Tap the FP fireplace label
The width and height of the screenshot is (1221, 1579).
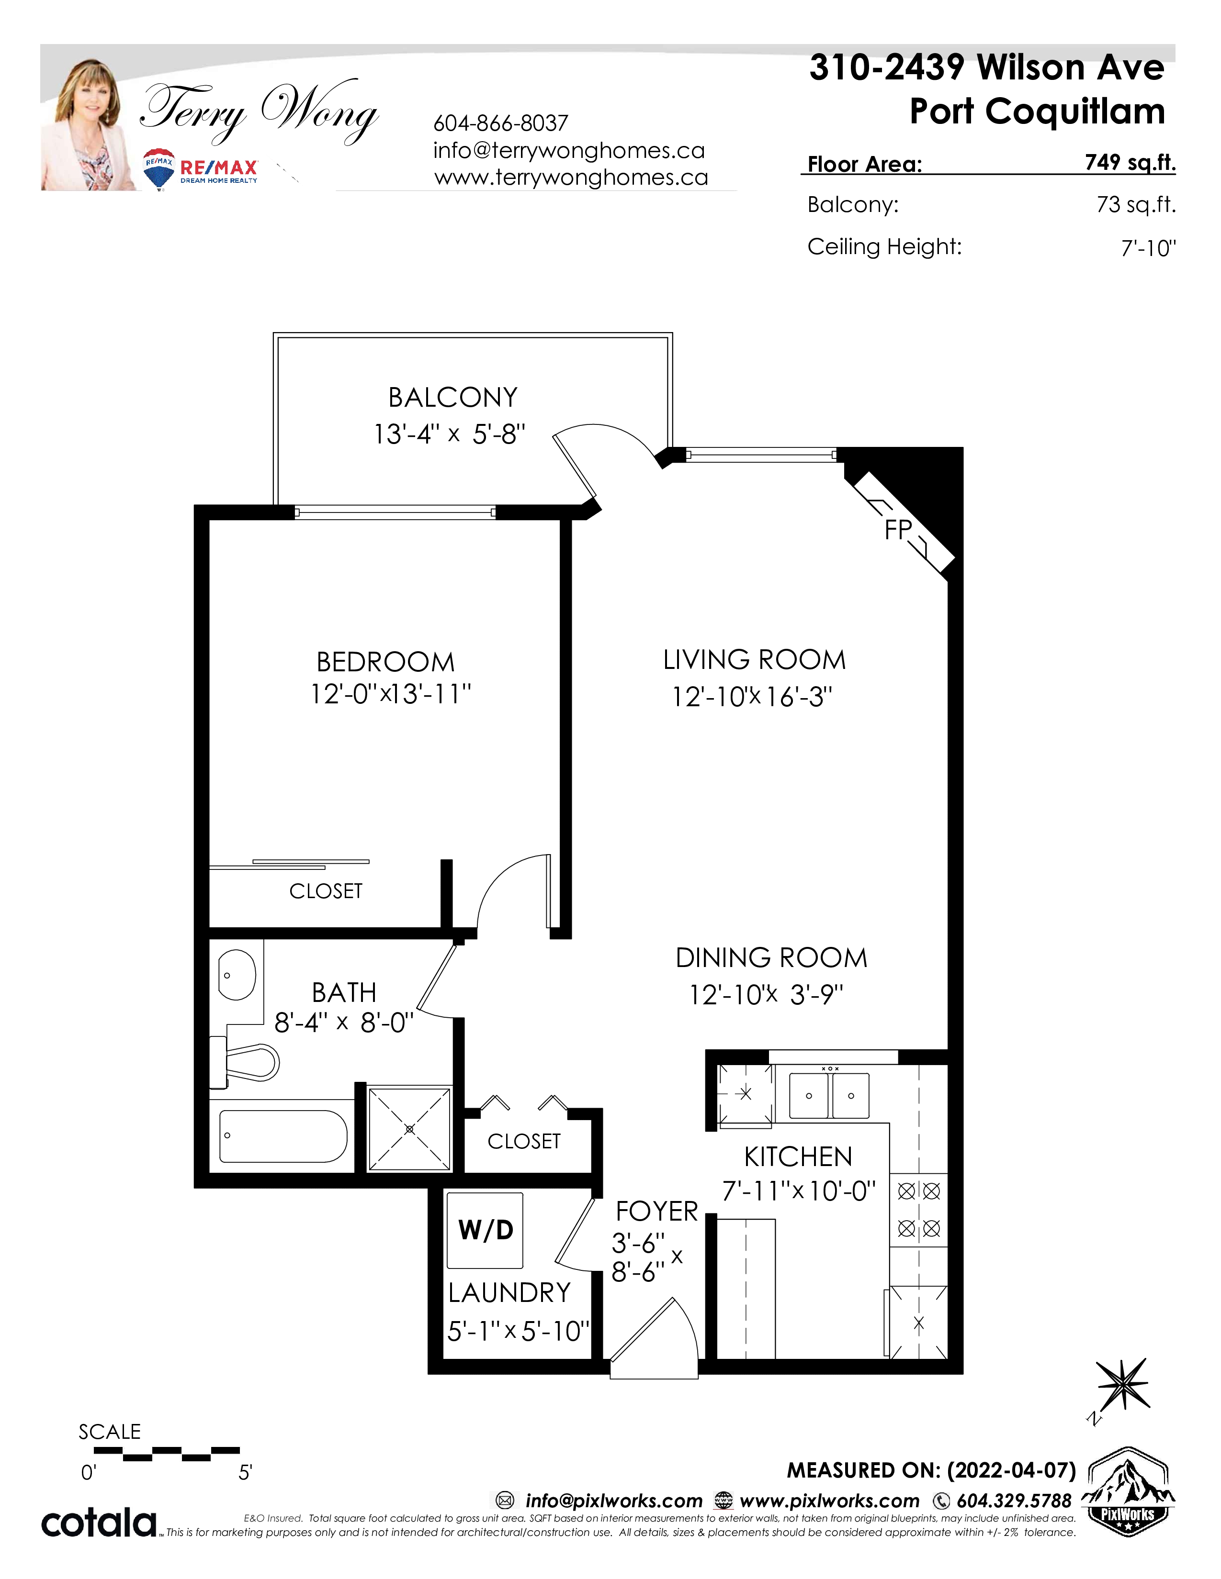(x=898, y=530)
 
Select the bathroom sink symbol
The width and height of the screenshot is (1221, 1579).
(x=237, y=975)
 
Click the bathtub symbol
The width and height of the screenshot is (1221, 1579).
(x=283, y=1136)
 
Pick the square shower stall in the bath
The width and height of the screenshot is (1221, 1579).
(x=409, y=1129)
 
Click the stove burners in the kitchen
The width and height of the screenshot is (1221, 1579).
(x=919, y=1209)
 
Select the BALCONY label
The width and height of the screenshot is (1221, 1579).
(x=453, y=398)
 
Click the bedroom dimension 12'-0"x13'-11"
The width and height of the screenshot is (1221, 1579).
(x=391, y=694)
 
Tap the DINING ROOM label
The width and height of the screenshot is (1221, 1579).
(x=771, y=957)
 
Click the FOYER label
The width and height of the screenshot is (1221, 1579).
(x=657, y=1211)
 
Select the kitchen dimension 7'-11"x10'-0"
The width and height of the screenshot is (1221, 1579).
(x=799, y=1191)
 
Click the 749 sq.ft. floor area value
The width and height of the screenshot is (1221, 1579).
(x=1130, y=163)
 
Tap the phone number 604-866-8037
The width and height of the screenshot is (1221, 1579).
(x=500, y=123)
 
